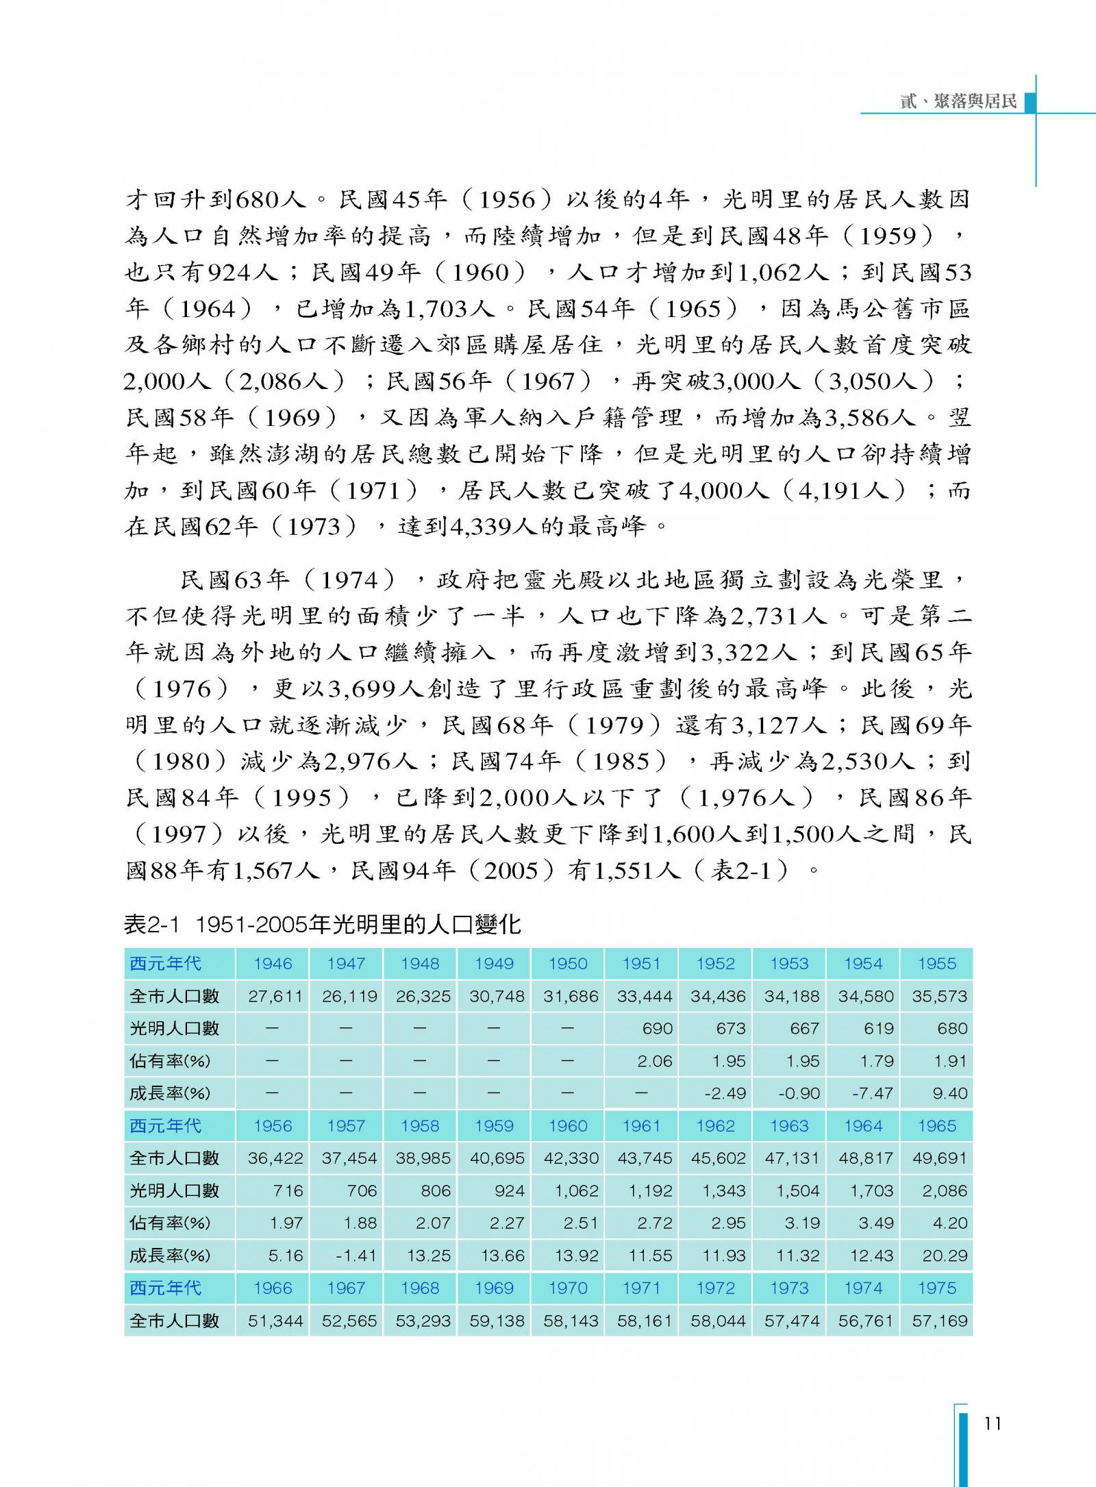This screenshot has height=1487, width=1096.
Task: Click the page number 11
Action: [992, 1423]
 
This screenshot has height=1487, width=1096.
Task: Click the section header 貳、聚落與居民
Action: [958, 101]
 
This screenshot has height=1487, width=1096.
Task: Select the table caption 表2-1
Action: [151, 925]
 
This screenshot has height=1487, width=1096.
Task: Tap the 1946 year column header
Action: [273, 964]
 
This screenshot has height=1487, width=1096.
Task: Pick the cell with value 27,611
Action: [275, 996]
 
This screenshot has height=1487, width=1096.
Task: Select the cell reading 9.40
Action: [949, 1093]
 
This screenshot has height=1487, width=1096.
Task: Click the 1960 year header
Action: [568, 1126]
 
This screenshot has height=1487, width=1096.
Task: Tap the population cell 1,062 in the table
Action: [576, 1190]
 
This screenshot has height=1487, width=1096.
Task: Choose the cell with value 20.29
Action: [945, 1255]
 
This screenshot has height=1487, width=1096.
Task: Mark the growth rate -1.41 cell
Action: [356, 1255]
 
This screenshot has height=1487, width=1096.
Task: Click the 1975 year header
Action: [936, 1288]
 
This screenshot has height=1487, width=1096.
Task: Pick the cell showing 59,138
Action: [497, 1321]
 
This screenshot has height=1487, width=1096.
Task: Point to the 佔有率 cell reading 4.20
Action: [949, 1223]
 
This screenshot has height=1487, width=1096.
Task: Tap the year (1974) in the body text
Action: [349, 581]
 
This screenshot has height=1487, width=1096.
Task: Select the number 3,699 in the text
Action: [363, 688]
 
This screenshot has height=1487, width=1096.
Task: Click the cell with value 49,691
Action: [939, 1158]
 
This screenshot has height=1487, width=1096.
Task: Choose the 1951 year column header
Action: [641, 964]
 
